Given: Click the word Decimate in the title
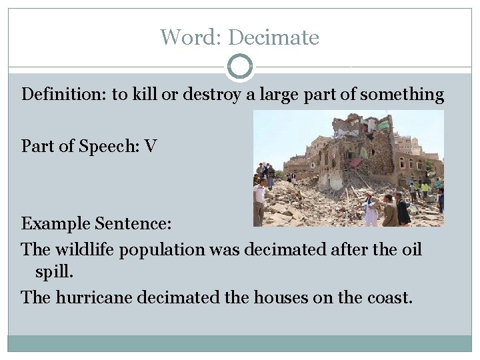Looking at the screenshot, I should pyautogui.click(x=275, y=37).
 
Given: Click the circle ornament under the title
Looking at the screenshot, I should pyautogui.click(x=240, y=67).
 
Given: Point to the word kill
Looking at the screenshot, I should pyautogui.click(x=146, y=95).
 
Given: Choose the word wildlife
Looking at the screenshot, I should pyautogui.click(x=86, y=250).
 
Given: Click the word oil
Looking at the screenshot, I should pyautogui.click(x=411, y=250).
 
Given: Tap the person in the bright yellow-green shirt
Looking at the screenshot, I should pyautogui.click(x=425, y=187).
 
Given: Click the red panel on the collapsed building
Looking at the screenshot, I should pyautogui.click(x=356, y=162).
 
